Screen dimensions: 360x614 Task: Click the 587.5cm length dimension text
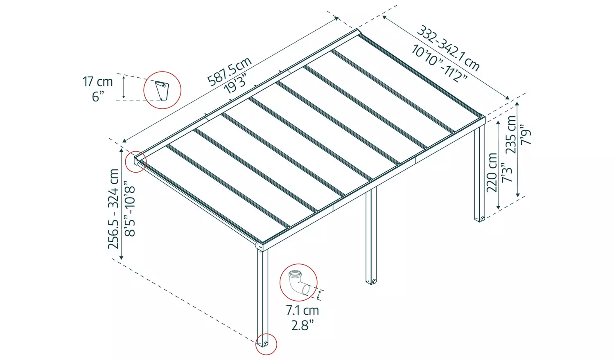[x=229, y=72]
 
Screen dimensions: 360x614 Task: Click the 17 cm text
[x=97, y=81]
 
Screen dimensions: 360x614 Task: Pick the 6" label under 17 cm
[x=98, y=97]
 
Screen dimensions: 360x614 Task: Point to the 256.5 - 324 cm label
[x=113, y=209]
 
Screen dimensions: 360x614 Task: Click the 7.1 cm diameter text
[x=302, y=310]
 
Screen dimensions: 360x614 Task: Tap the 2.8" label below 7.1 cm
[x=302, y=325]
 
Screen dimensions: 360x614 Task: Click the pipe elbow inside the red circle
[x=297, y=282]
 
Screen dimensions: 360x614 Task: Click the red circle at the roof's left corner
[x=136, y=161]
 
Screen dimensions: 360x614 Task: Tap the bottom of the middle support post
[x=371, y=281]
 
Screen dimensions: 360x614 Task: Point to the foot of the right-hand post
[x=480, y=219]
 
